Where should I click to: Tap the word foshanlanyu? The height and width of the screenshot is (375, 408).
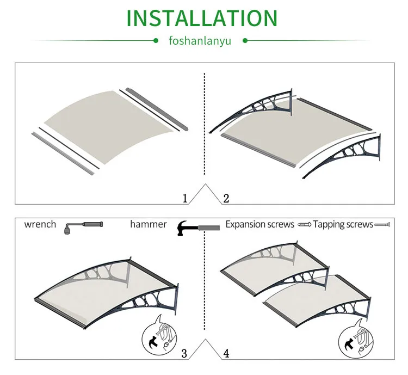tap(200, 41)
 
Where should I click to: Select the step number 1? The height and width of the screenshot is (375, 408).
tap(185, 198)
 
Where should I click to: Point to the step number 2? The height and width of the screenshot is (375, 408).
tap(226, 198)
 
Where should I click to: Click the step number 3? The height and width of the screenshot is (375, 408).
tap(184, 354)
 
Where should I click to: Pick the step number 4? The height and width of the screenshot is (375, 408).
tap(226, 354)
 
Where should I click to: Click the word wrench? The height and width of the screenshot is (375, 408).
tap(40, 224)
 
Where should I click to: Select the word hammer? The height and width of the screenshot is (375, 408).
tap(149, 224)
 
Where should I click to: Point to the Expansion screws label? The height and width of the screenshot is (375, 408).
tap(260, 224)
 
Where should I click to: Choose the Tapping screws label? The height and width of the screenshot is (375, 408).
tap(343, 224)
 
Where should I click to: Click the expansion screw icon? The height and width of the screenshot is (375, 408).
tap(303, 224)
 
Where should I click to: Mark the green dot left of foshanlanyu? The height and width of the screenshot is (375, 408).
tap(156, 40)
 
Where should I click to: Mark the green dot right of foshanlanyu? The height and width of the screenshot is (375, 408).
tap(245, 40)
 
